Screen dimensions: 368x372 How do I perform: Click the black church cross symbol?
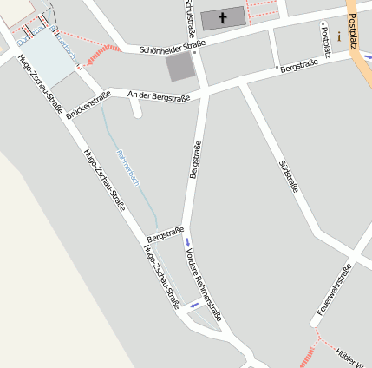[222, 17]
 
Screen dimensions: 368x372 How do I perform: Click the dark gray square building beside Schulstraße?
[180, 67]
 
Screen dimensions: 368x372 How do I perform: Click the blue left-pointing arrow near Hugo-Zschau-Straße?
[194, 305]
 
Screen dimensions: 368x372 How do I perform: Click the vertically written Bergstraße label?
[195, 160]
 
